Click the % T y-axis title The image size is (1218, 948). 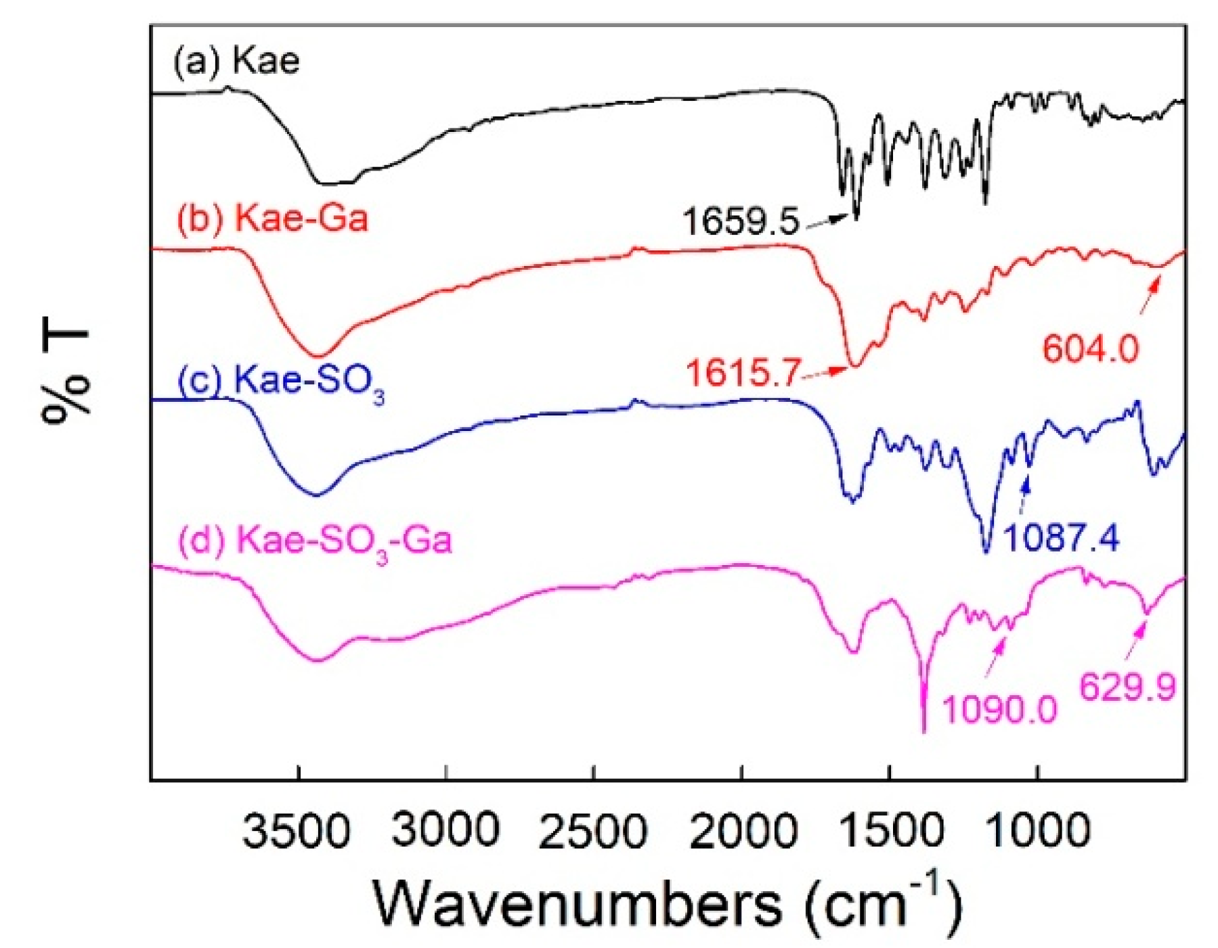pyautogui.click(x=66, y=376)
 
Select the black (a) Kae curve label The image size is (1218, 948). pyautogui.click(x=235, y=62)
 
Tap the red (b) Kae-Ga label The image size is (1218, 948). pyautogui.click(x=272, y=219)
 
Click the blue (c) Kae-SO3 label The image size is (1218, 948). pyautogui.click(x=280, y=383)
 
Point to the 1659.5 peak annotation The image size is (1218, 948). pyautogui.click(x=741, y=222)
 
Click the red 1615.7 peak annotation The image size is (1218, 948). pyautogui.click(x=743, y=373)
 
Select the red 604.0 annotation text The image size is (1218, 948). pyautogui.click(x=1090, y=350)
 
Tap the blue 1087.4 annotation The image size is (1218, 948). pyautogui.click(x=1061, y=539)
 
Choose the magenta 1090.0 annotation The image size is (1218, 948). pyautogui.click(x=999, y=710)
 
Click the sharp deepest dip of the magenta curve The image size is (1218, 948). pyautogui.click(x=923, y=727)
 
